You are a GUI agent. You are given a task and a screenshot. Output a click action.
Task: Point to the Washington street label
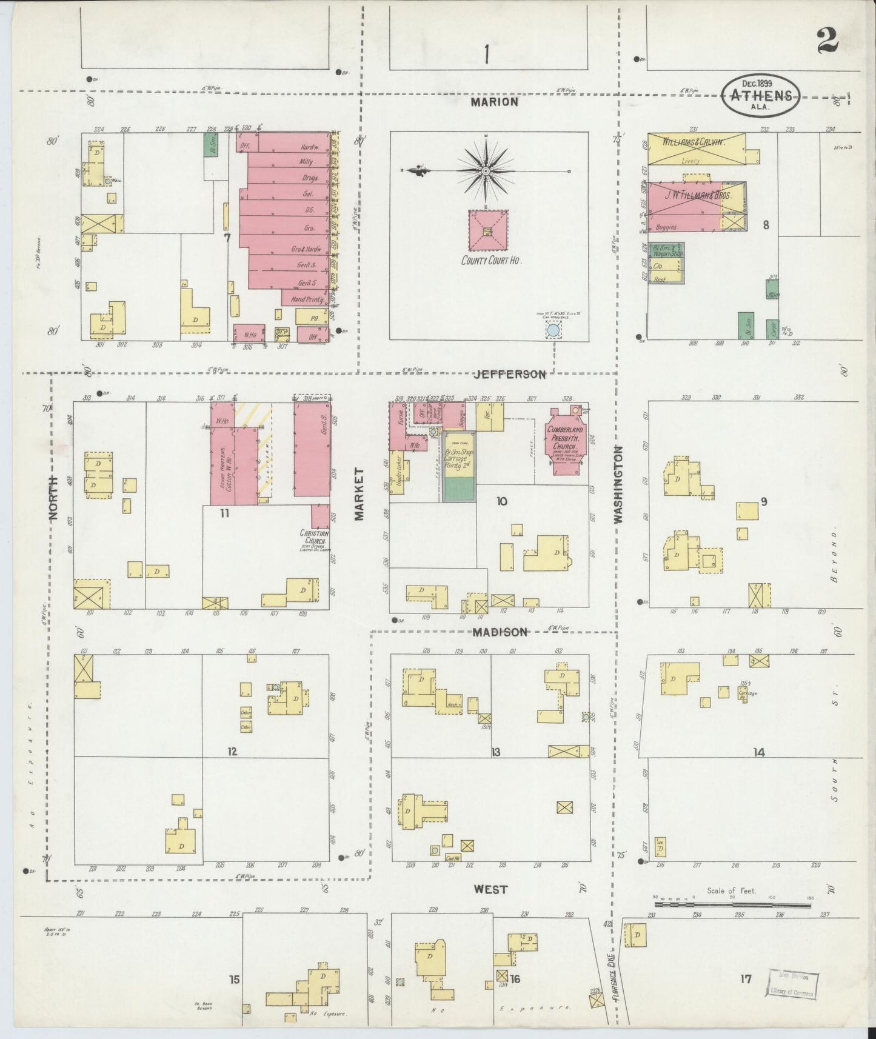[618, 484]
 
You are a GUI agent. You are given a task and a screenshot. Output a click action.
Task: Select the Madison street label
[500, 632]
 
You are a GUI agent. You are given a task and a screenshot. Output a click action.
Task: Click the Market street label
[359, 493]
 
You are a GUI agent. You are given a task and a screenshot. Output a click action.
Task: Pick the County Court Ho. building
[487, 230]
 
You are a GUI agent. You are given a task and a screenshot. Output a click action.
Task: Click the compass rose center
[486, 172]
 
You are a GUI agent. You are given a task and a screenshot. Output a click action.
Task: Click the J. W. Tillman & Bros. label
[698, 196]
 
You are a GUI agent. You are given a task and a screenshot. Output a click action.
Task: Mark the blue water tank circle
[553, 331]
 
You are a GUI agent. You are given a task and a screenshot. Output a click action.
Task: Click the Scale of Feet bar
[732, 905]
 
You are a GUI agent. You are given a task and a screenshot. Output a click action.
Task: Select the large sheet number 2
[827, 41]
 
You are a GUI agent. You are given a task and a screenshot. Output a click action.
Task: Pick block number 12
[232, 752]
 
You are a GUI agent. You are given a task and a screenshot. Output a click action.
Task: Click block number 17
[746, 978]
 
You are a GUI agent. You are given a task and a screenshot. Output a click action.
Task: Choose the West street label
[490, 889]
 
